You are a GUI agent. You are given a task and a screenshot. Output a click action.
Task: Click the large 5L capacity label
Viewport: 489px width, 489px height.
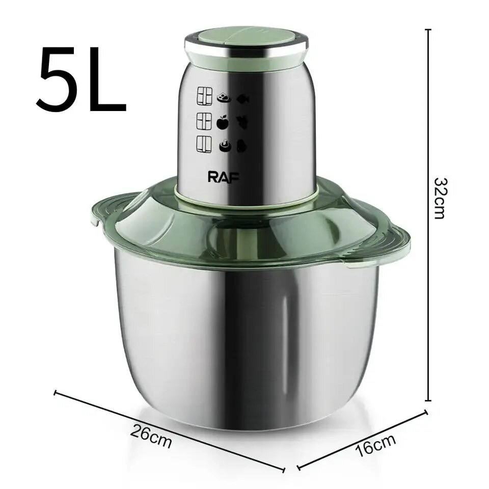pos(81,80)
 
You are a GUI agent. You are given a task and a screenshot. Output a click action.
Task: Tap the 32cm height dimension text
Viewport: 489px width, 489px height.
pos(440,199)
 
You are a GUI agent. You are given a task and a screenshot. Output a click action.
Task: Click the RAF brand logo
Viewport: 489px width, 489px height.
pos(224,177)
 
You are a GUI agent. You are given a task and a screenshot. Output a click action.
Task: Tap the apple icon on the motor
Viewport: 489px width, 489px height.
pos(223,122)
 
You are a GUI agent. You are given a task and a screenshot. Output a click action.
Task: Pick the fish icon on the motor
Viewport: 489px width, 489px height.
pos(242,99)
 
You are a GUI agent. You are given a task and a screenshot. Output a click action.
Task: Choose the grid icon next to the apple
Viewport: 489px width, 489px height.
pos(204,121)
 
